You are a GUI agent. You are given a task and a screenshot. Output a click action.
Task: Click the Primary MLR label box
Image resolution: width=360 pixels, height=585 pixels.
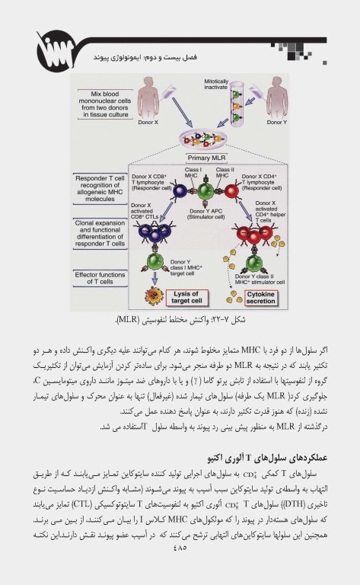pos(204,157)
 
